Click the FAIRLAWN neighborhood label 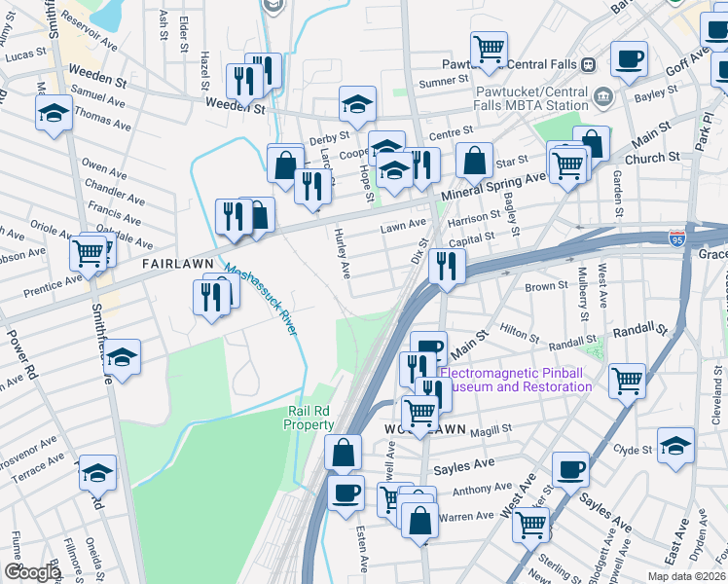(x=176, y=264)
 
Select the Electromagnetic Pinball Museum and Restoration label (x=516, y=380)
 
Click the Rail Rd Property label (x=310, y=418)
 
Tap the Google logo (x=32, y=572)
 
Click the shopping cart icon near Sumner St (x=488, y=49)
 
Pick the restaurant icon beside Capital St (x=447, y=266)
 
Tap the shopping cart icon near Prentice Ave (x=89, y=255)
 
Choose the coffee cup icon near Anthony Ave (x=570, y=469)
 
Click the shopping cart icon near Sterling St (x=531, y=525)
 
